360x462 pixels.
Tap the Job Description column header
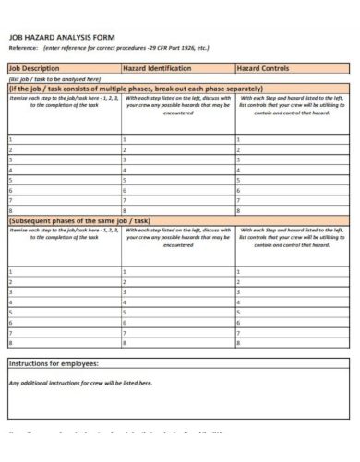34,68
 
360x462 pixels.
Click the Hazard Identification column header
157,68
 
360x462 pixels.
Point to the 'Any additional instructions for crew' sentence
80,382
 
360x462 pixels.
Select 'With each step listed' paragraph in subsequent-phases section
177,238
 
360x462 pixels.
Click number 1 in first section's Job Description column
10,138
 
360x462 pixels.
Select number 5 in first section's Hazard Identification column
125,179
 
